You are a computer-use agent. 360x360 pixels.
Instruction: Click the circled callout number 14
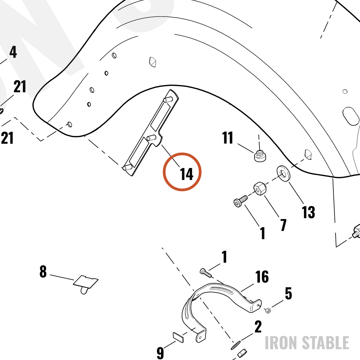click(x=186, y=174)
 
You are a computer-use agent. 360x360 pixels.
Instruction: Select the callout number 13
click(x=309, y=212)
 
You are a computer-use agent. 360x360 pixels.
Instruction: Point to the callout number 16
click(x=262, y=276)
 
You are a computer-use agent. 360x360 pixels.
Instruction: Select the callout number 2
click(x=258, y=327)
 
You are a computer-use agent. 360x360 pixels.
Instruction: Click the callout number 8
click(x=43, y=271)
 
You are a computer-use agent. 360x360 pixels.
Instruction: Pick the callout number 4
click(x=13, y=52)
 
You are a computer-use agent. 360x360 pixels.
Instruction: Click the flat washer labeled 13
click(x=283, y=173)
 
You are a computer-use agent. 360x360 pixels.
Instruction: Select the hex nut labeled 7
click(x=260, y=189)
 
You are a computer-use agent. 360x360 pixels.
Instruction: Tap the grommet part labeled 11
click(x=260, y=156)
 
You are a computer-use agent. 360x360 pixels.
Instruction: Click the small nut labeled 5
click(x=268, y=311)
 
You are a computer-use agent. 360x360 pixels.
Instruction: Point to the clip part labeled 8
click(x=85, y=284)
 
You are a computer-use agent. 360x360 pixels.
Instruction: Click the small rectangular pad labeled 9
click(x=178, y=337)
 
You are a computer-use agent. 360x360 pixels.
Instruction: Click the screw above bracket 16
click(x=206, y=273)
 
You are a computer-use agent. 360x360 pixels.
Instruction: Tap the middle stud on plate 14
click(x=152, y=138)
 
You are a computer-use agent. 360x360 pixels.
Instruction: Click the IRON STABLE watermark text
click(x=307, y=343)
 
